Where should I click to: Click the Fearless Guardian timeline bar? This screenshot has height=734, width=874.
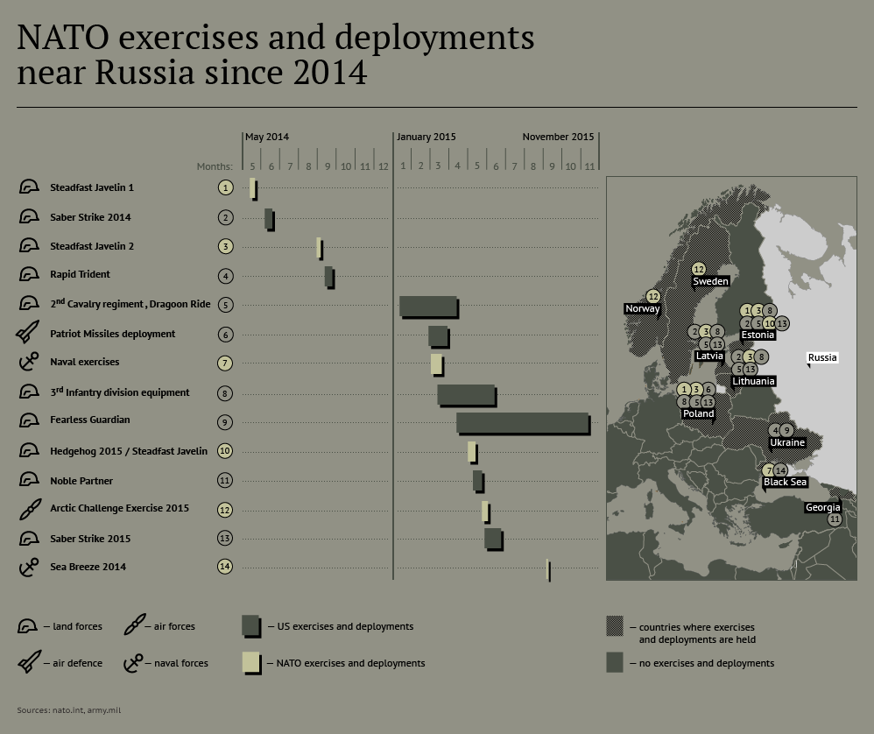(524, 424)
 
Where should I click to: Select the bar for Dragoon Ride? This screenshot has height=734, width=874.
(429, 307)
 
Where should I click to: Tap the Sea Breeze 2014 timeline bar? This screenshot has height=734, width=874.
(548, 570)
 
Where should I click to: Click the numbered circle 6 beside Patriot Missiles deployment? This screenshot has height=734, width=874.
(225, 335)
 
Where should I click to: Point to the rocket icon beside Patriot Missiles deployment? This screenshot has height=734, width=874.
(27, 332)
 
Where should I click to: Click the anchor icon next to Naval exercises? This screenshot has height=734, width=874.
(29, 362)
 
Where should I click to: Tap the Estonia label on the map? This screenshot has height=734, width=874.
(758, 335)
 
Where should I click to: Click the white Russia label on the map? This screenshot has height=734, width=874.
(822, 358)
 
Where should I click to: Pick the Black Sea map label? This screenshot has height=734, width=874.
(785, 482)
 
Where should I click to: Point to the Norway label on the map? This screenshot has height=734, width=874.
(642, 309)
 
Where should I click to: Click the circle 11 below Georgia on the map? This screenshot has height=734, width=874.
(835, 519)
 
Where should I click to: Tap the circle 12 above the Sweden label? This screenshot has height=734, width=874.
(699, 270)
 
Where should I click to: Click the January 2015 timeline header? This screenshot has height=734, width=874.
(426, 137)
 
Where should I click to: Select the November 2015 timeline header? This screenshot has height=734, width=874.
(558, 137)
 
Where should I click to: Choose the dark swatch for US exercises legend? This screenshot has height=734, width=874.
(251, 626)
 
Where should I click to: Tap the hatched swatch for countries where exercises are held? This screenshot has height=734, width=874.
(615, 626)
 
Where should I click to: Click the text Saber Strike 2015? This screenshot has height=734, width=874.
(90, 539)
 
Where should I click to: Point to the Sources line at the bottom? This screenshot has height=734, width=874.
(68, 710)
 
